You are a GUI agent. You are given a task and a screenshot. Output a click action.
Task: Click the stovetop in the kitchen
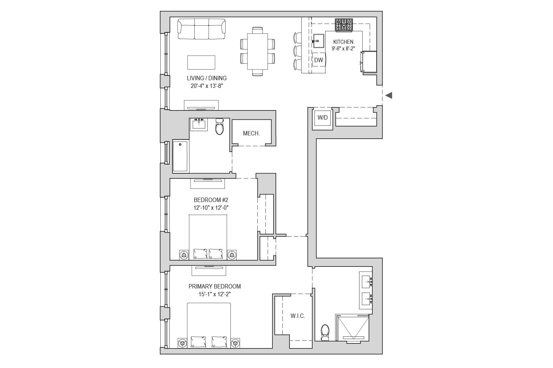[344, 25]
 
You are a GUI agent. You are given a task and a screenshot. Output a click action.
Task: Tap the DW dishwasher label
[319, 60]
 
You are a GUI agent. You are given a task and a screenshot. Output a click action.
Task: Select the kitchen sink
[318, 41]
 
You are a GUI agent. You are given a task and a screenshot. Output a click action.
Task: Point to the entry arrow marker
[389, 95]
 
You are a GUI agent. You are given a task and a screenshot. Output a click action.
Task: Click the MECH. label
[251, 133]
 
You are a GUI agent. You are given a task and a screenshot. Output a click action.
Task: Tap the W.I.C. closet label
[298, 316]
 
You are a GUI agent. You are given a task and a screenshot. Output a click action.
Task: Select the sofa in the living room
[201, 29]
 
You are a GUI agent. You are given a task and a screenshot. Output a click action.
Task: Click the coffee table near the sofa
[201, 62]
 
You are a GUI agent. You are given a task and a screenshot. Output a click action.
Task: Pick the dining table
[257, 52]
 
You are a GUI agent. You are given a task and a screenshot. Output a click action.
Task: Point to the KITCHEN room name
[343, 42]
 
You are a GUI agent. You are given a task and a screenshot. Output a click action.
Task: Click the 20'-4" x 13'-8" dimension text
[207, 86]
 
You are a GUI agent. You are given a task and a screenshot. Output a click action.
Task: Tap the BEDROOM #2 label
[211, 200]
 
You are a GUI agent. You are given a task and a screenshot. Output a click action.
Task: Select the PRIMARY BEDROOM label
[215, 286]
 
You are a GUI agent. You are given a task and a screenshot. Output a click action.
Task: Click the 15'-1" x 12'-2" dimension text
[215, 294]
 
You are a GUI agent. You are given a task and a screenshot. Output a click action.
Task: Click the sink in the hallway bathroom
[199, 124]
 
